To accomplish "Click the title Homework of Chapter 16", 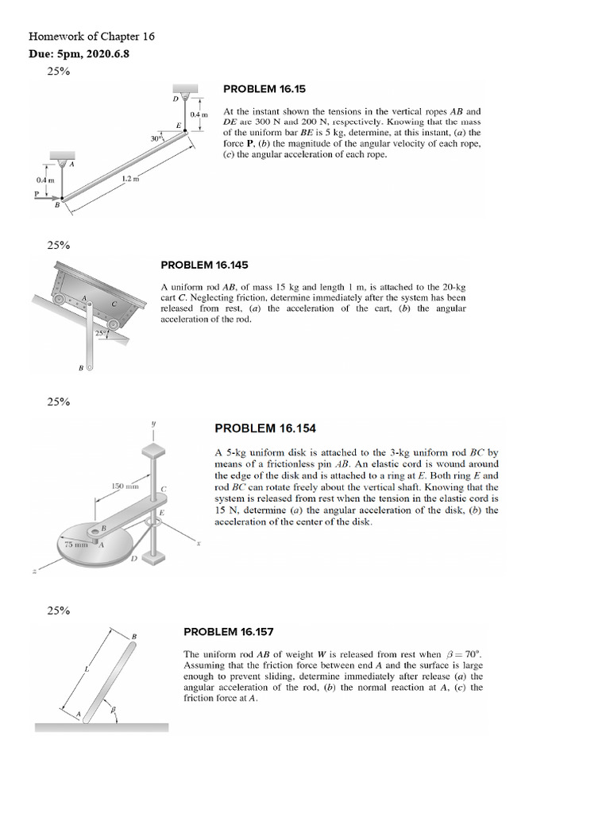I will pyautogui.click(x=91, y=37).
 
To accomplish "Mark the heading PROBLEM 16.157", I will pyautogui.click(x=229, y=632).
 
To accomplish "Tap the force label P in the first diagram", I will pyautogui.click(x=36, y=192).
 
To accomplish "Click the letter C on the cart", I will pyautogui.click(x=114, y=303).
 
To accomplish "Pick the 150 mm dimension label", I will pyautogui.click(x=125, y=485).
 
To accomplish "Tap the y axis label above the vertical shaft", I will pyautogui.click(x=153, y=424).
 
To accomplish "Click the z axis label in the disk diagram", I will pyautogui.click(x=34, y=592).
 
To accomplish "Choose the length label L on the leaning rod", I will pyautogui.click(x=87, y=673).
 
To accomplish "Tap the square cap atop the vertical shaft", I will pyautogui.click(x=153, y=448).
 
